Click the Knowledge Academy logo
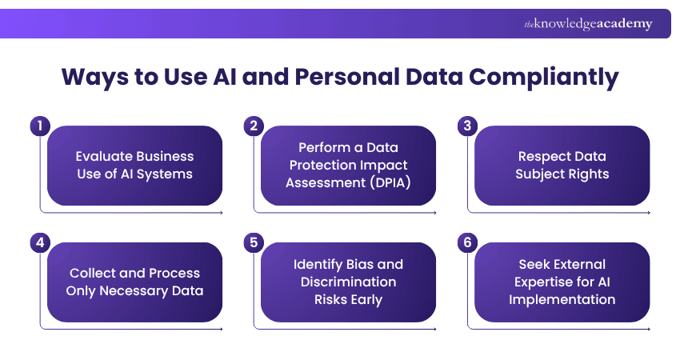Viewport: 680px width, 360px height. [x=588, y=24]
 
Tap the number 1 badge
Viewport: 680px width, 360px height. [x=40, y=126]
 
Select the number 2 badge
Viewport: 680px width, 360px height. [x=254, y=126]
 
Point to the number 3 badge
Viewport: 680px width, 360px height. [x=468, y=126]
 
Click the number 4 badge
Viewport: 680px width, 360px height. [x=40, y=242]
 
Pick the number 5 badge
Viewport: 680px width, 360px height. [x=254, y=242]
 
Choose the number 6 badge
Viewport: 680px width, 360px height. [x=468, y=242]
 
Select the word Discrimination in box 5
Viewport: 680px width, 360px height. [x=348, y=282]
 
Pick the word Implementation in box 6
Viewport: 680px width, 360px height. [x=562, y=299]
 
